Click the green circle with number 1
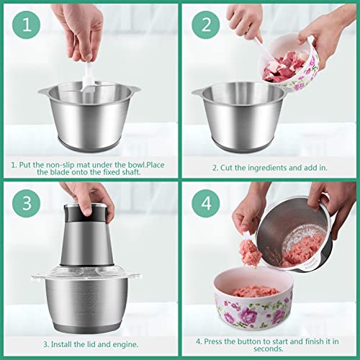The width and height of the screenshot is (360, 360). pyautogui.click(x=27, y=27)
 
